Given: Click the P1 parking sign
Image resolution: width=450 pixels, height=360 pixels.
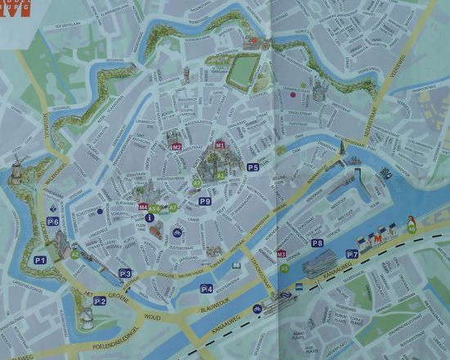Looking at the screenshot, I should tap(40, 259).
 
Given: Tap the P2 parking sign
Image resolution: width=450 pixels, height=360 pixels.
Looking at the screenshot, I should tap(100, 301).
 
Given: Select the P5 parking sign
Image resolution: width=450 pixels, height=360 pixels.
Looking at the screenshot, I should tap(254, 168).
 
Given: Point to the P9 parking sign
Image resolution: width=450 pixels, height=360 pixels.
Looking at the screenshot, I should tap(205, 201).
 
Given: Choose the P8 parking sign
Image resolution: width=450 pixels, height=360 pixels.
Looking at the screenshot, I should tap(317, 243).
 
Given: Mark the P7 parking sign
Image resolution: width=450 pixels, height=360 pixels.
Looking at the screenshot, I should tap(353, 254).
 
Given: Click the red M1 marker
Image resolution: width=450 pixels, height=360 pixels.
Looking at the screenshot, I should tap(220, 145).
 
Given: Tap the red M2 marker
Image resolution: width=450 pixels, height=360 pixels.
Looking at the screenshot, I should tap(176, 146).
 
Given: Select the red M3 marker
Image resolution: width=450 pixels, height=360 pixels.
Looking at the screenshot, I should tap(281, 254).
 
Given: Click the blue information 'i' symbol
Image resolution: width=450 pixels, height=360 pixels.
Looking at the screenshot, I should tap(149, 218).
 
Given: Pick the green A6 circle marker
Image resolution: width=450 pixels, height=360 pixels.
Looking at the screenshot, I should tap(412, 229).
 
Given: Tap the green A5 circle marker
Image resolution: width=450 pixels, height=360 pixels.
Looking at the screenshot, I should tap(283, 267).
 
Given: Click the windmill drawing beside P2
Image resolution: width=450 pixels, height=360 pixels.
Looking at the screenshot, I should tap(84, 317).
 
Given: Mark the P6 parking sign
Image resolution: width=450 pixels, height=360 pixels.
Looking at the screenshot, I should tap(52, 221).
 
